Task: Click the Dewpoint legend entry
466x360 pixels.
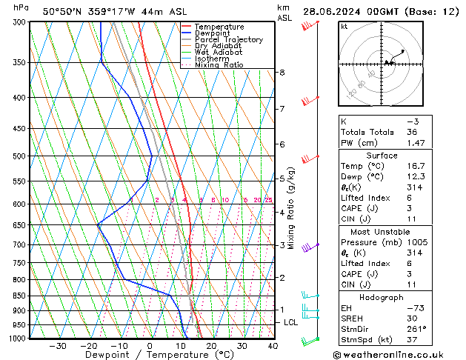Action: (x=212, y=33)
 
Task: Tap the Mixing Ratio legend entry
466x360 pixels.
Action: (x=219, y=65)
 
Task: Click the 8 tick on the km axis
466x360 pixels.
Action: (x=282, y=73)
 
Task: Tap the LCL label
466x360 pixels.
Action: (x=291, y=323)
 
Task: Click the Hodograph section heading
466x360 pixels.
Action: (x=382, y=297)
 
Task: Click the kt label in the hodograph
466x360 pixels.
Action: (x=344, y=27)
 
